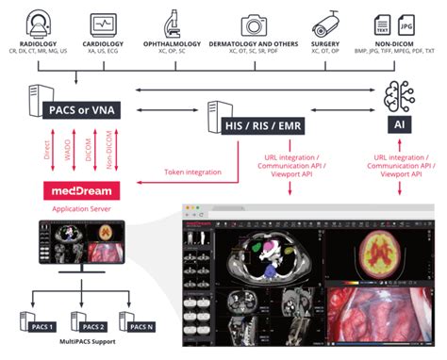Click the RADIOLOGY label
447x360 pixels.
pyautogui.click(x=38, y=43)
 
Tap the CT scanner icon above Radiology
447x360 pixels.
pyautogui.click(x=38, y=22)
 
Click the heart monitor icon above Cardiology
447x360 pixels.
pyautogui.click(x=105, y=22)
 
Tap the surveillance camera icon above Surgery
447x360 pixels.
pyautogui.click(x=326, y=22)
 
